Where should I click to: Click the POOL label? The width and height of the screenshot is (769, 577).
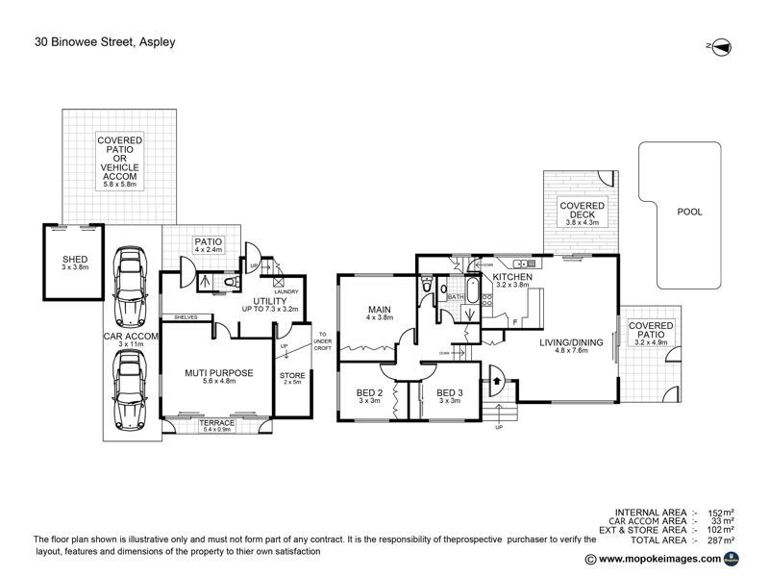[689, 212]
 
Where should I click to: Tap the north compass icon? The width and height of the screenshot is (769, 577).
[719, 45]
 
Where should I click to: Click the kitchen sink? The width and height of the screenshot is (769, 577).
[522, 263]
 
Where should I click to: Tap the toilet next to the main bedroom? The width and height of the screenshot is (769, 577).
[425, 286]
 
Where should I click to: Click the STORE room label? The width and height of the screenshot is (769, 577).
[291, 374]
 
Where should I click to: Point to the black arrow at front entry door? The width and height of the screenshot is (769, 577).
[496, 380]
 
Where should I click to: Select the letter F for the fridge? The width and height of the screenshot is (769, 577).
[515, 320]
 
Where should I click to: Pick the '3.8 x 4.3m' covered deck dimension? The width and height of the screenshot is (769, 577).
[582, 222]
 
